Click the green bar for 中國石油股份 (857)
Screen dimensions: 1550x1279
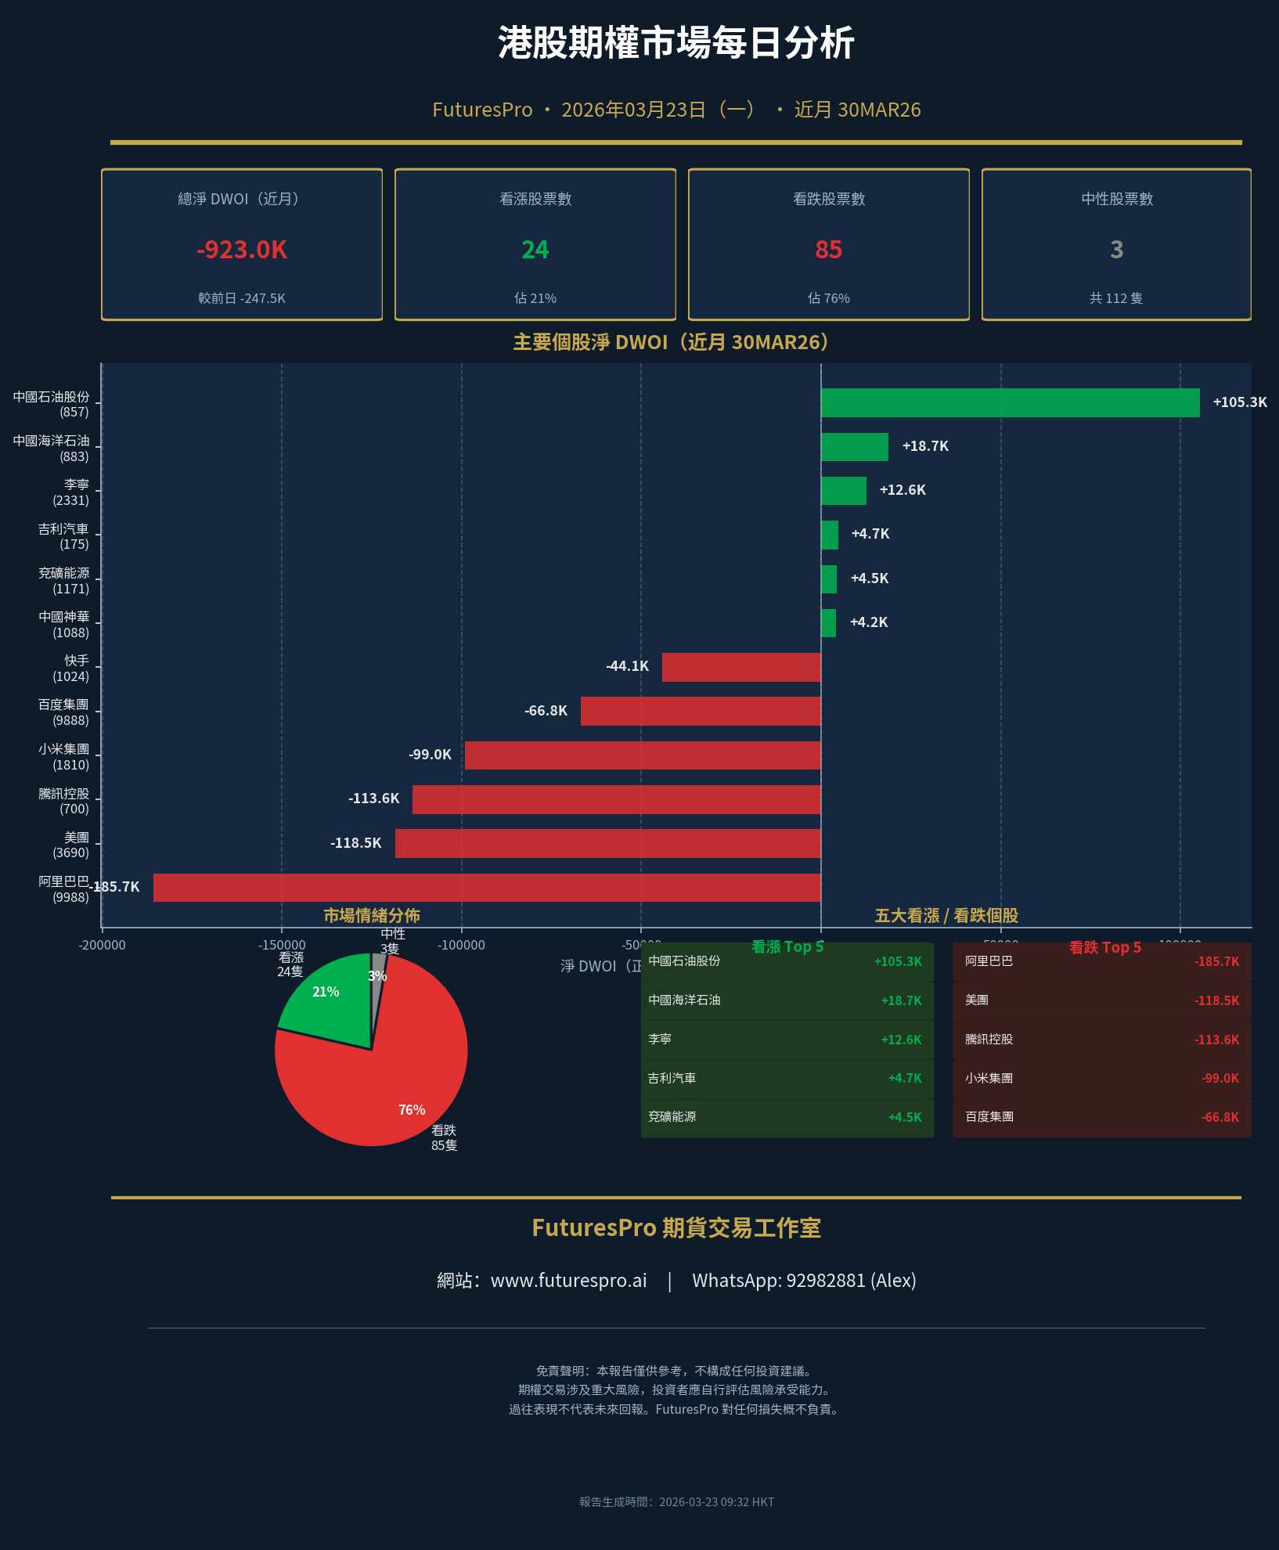tap(1010, 402)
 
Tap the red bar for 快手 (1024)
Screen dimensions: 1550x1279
tap(741, 667)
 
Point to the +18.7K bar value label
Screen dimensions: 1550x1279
tap(925, 446)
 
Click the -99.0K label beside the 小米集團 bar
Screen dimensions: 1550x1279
tap(430, 755)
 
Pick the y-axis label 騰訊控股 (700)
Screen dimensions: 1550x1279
tap(64, 801)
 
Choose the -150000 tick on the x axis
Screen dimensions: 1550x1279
tap(282, 945)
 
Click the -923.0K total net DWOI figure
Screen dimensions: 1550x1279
tap(242, 250)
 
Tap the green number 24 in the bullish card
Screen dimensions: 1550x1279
tap(535, 250)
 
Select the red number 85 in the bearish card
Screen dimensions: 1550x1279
tap(828, 250)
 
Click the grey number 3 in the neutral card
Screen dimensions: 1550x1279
tap(1116, 250)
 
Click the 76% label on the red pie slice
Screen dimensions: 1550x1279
tap(412, 1110)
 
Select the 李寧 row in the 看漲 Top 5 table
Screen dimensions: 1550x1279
tap(787, 1040)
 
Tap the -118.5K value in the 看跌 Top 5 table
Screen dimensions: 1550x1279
tap(1216, 1000)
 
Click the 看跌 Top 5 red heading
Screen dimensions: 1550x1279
tap(1104, 947)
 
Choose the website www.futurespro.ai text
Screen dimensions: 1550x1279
tap(568, 1281)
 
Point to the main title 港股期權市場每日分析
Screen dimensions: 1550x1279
tap(676, 43)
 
